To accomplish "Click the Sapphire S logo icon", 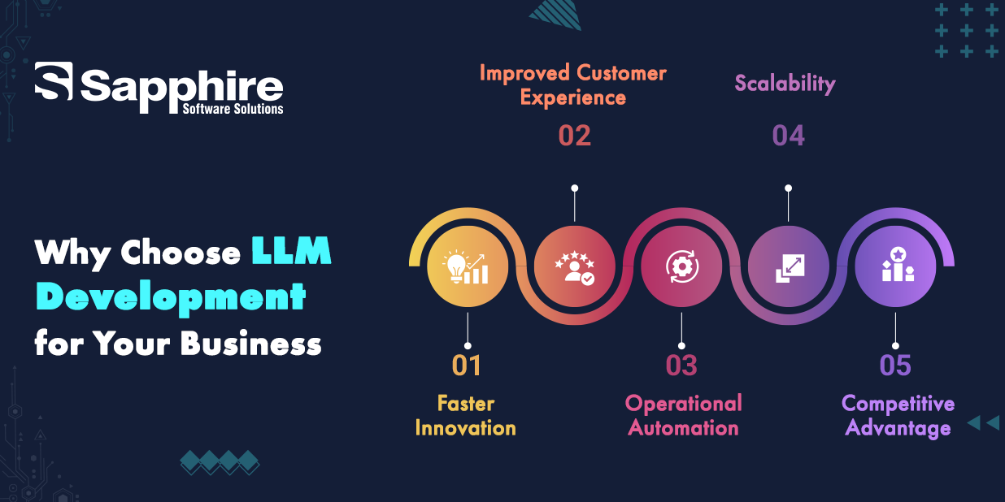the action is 54,81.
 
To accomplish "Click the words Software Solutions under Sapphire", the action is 233,109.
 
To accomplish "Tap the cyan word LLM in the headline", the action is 291,251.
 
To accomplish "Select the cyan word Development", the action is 171,297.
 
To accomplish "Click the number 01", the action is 467,366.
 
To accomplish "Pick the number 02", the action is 574,136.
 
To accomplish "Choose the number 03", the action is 681,366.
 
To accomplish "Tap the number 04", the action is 788,136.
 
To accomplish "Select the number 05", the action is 895,366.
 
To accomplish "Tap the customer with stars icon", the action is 575,269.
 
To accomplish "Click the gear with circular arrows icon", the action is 682,266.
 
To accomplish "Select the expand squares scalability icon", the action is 790,268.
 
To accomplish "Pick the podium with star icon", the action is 898,265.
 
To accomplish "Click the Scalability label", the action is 785,84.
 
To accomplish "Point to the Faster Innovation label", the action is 466,416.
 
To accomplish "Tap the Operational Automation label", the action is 683,416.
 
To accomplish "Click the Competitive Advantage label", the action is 898,417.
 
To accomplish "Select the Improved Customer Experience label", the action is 573,85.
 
